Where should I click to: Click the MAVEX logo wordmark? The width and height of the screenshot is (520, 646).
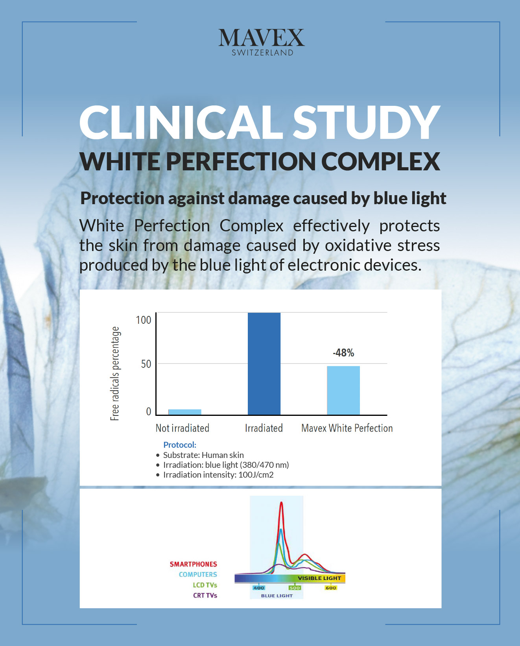[x=262, y=38]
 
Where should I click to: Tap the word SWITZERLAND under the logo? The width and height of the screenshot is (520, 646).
[x=262, y=53]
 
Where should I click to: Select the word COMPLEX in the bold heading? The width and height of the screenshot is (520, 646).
[x=381, y=161]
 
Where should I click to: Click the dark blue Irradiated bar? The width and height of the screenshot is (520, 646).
[x=264, y=364]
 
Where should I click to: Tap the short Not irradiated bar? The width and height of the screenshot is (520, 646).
[x=185, y=412]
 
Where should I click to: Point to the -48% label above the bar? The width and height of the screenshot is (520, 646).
[x=343, y=353]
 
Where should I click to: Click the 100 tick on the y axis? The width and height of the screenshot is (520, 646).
[x=144, y=320]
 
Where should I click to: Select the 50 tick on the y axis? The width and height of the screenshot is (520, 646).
[x=146, y=364]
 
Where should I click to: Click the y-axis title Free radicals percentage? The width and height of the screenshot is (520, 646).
[x=114, y=373]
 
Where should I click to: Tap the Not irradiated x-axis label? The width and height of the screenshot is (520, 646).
[x=183, y=428]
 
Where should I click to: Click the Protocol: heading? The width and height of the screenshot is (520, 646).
[x=180, y=445]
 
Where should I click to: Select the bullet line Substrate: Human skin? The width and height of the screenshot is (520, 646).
[x=203, y=455]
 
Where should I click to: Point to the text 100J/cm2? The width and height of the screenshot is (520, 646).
[x=256, y=475]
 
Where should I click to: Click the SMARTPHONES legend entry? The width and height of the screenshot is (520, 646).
[x=193, y=564]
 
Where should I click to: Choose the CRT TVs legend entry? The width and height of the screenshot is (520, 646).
[x=205, y=595]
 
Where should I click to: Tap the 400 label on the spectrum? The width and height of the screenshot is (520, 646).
[x=258, y=588]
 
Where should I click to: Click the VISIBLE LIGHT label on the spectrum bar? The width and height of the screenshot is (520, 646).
[x=319, y=578]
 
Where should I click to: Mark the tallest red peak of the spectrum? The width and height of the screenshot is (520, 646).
[x=281, y=504]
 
